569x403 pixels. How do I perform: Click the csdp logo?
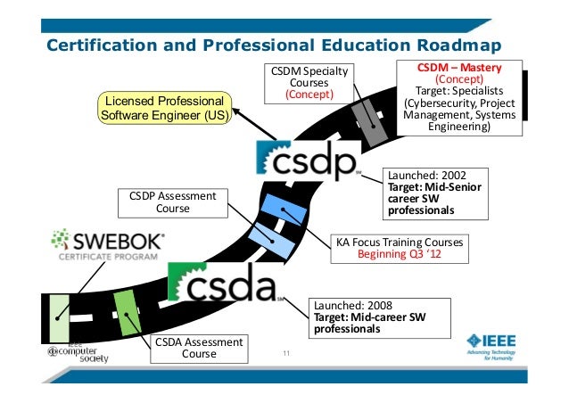coord(307,159)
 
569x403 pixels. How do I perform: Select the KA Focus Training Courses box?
coord(400,247)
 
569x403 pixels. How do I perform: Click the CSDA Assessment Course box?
coord(199,348)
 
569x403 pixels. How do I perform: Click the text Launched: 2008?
coord(349,306)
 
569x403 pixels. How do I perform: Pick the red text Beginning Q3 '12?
coord(400,254)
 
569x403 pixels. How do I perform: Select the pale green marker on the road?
coord(59,317)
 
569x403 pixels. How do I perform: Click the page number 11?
coord(286,358)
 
